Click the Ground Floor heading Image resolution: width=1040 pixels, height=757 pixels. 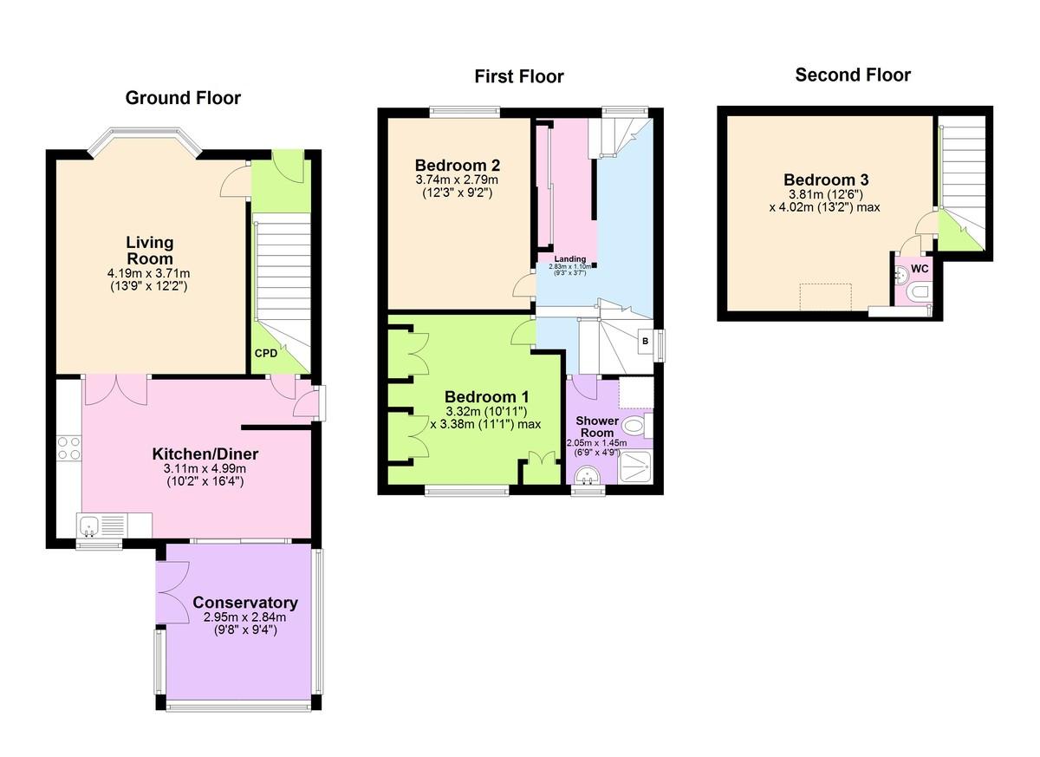pyautogui.click(x=183, y=98)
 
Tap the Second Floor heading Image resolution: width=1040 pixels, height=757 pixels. pyautogui.click(x=853, y=75)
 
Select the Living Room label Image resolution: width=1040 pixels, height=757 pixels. pyautogui.click(x=149, y=251)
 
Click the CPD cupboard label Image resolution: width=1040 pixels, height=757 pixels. pyautogui.click(x=266, y=354)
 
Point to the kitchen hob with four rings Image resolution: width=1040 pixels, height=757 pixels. pyautogui.click(x=68, y=447)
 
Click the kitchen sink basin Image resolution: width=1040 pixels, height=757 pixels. pyautogui.click(x=88, y=526)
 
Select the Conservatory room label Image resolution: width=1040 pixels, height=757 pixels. pyautogui.click(x=245, y=603)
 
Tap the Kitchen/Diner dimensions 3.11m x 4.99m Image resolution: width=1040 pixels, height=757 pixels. pyautogui.click(x=205, y=468)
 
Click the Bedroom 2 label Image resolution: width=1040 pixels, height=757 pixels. pyautogui.click(x=458, y=165)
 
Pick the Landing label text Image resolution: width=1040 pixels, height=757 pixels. pyautogui.click(x=570, y=258)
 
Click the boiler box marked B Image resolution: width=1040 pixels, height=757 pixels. pyautogui.click(x=646, y=342)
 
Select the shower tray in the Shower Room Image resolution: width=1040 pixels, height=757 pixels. pyautogui.click(x=635, y=467)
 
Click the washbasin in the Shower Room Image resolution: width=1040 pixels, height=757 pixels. pyautogui.click(x=588, y=475)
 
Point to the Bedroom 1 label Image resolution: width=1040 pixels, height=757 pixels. pyautogui.click(x=486, y=396)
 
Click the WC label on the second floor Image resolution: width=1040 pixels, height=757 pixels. pyautogui.click(x=920, y=269)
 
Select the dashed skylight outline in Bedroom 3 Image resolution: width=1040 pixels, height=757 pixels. pyautogui.click(x=825, y=297)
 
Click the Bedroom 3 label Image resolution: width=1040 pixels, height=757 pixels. pyautogui.click(x=826, y=179)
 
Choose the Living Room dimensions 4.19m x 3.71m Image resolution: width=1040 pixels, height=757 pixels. pyautogui.click(x=148, y=273)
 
